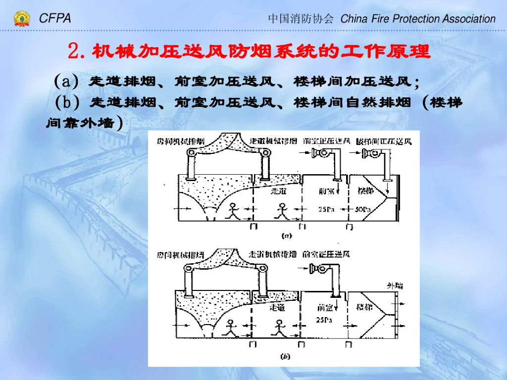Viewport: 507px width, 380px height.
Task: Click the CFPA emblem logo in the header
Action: [x=21, y=19]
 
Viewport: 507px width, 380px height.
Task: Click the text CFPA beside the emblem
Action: [x=55, y=19]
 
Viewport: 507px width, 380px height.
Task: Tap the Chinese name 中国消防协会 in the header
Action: [x=301, y=19]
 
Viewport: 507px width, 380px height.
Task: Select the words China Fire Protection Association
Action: [x=418, y=19]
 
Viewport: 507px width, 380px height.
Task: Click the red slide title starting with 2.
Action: [x=249, y=51]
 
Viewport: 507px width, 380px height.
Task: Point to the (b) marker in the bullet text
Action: [x=67, y=102]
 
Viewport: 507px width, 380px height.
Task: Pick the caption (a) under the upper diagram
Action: [x=286, y=236]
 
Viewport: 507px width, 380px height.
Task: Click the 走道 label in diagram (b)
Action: [x=277, y=308]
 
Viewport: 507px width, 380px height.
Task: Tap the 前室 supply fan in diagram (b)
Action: [x=317, y=270]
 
